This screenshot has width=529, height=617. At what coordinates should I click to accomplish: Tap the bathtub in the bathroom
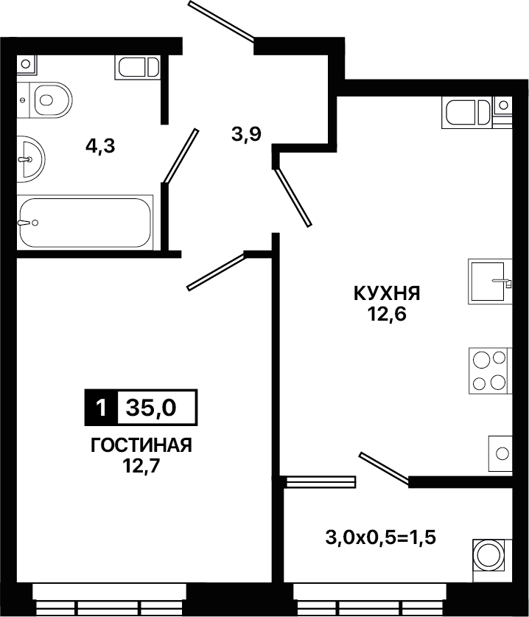85,223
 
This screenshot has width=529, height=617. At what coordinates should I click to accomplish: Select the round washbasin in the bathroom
31,159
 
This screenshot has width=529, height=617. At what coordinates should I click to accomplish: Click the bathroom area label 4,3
100,147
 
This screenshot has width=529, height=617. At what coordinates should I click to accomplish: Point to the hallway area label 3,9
246,135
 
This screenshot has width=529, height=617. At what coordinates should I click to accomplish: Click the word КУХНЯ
387,293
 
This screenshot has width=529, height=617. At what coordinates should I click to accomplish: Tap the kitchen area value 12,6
387,314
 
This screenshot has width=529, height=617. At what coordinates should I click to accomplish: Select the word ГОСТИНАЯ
141,445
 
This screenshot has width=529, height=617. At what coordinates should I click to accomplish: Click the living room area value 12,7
141,467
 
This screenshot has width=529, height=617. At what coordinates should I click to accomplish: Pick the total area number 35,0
152,408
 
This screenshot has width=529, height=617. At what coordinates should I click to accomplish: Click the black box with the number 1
101,408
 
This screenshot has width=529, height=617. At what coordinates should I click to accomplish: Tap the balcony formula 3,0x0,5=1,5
381,537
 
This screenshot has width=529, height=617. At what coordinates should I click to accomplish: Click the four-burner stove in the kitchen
490,371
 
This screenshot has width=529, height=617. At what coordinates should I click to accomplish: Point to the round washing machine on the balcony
490,556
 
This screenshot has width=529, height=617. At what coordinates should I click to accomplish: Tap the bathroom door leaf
181,156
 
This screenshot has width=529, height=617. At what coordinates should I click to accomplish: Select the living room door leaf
216,271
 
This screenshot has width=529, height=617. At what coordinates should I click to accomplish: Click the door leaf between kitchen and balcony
384,467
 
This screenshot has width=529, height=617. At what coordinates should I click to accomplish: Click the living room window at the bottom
109,599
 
